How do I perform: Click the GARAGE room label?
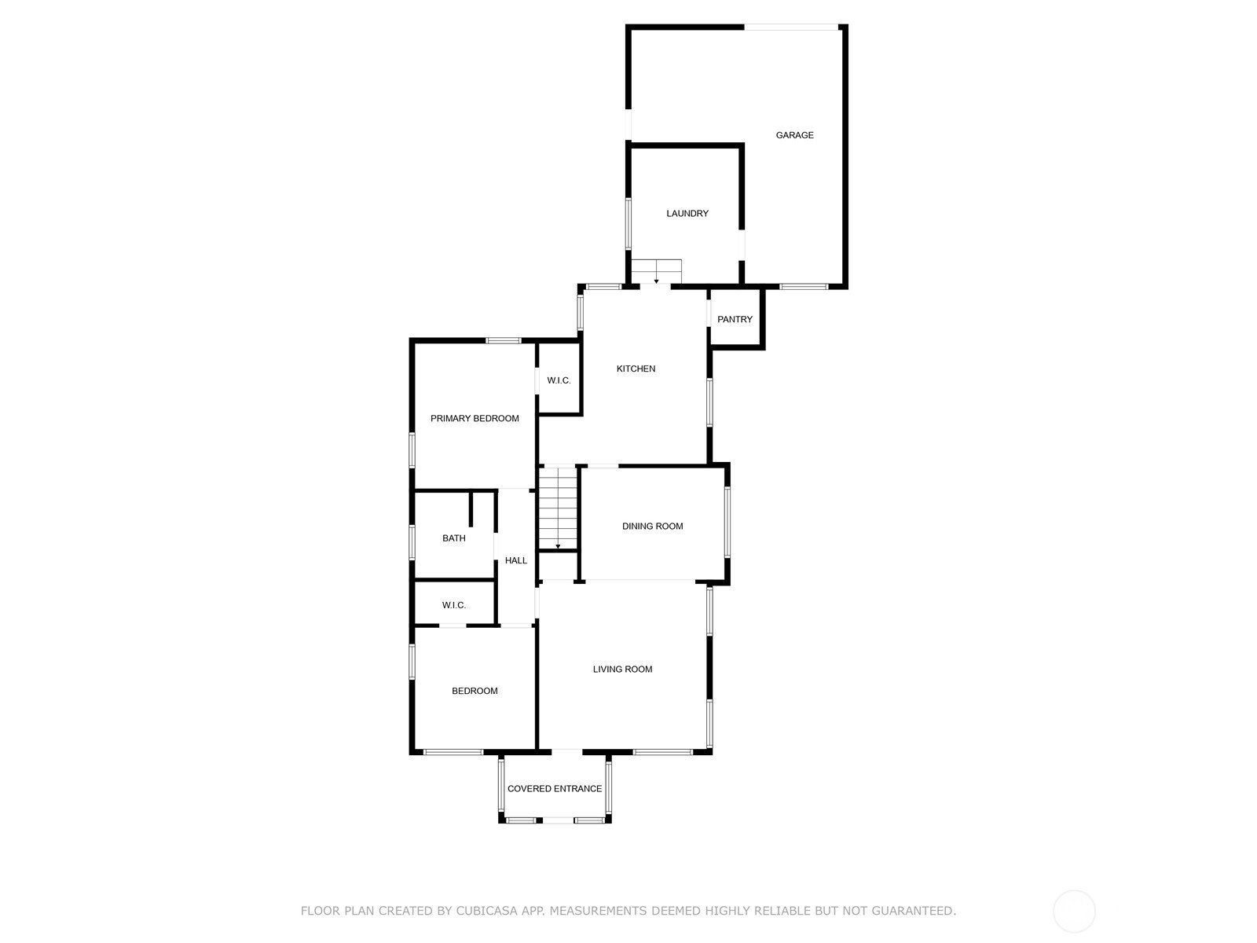coord(794,135)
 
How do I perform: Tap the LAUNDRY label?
coord(687,214)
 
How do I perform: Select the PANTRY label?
coord(735,320)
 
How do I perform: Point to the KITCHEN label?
coord(636,369)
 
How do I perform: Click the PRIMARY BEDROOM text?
coord(475,419)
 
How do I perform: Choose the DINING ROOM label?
coord(652,527)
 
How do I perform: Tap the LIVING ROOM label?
coord(622,670)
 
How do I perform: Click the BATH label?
coord(453,538)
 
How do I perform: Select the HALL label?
coord(516,560)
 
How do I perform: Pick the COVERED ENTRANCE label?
coord(555,789)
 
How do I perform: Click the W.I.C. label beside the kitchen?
coord(559,381)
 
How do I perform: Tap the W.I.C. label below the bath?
coord(453,605)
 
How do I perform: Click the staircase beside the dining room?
coord(558,508)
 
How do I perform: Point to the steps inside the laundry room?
coord(656,271)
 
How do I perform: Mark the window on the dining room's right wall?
coord(727,522)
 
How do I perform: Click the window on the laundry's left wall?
coord(628,224)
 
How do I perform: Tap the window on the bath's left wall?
coord(412,542)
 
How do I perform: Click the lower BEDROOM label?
coord(475,691)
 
